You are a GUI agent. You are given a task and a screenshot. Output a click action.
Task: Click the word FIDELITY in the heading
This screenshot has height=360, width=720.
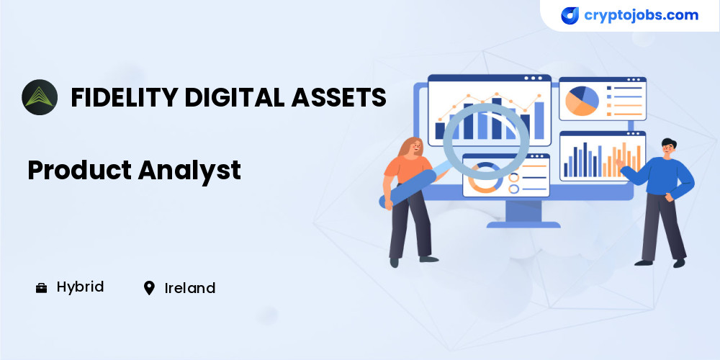pyautogui.click(x=124, y=97)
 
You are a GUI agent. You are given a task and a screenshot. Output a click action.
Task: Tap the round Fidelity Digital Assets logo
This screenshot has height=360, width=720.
pyautogui.click(x=40, y=97)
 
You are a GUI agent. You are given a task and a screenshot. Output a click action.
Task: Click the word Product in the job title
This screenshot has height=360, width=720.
pyautogui.click(x=80, y=170)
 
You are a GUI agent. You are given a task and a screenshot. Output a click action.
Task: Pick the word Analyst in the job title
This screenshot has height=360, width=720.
pyautogui.click(x=189, y=171)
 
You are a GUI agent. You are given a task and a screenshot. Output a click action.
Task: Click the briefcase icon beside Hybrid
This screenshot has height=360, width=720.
pyautogui.click(x=41, y=289)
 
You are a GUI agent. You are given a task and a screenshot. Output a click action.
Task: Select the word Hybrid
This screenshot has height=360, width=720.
pyautogui.click(x=81, y=287)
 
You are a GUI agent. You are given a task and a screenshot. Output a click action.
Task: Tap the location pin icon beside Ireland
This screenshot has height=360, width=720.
pyautogui.click(x=149, y=288)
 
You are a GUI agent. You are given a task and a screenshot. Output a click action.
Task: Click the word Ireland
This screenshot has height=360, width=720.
pyautogui.click(x=190, y=289)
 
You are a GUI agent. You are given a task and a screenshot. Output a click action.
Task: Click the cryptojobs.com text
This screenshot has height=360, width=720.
pyautogui.click(x=641, y=15)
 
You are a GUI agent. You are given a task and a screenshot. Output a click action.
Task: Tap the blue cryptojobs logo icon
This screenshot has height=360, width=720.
pyautogui.click(x=570, y=16)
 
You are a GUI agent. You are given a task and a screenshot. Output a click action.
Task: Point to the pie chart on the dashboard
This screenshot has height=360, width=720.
pyautogui.click(x=582, y=101)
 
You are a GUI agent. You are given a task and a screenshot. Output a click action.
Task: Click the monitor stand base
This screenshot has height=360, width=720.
pyautogui.click(x=523, y=225)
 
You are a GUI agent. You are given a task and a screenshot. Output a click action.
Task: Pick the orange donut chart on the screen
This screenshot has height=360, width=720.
pyautogui.click(x=484, y=178)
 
